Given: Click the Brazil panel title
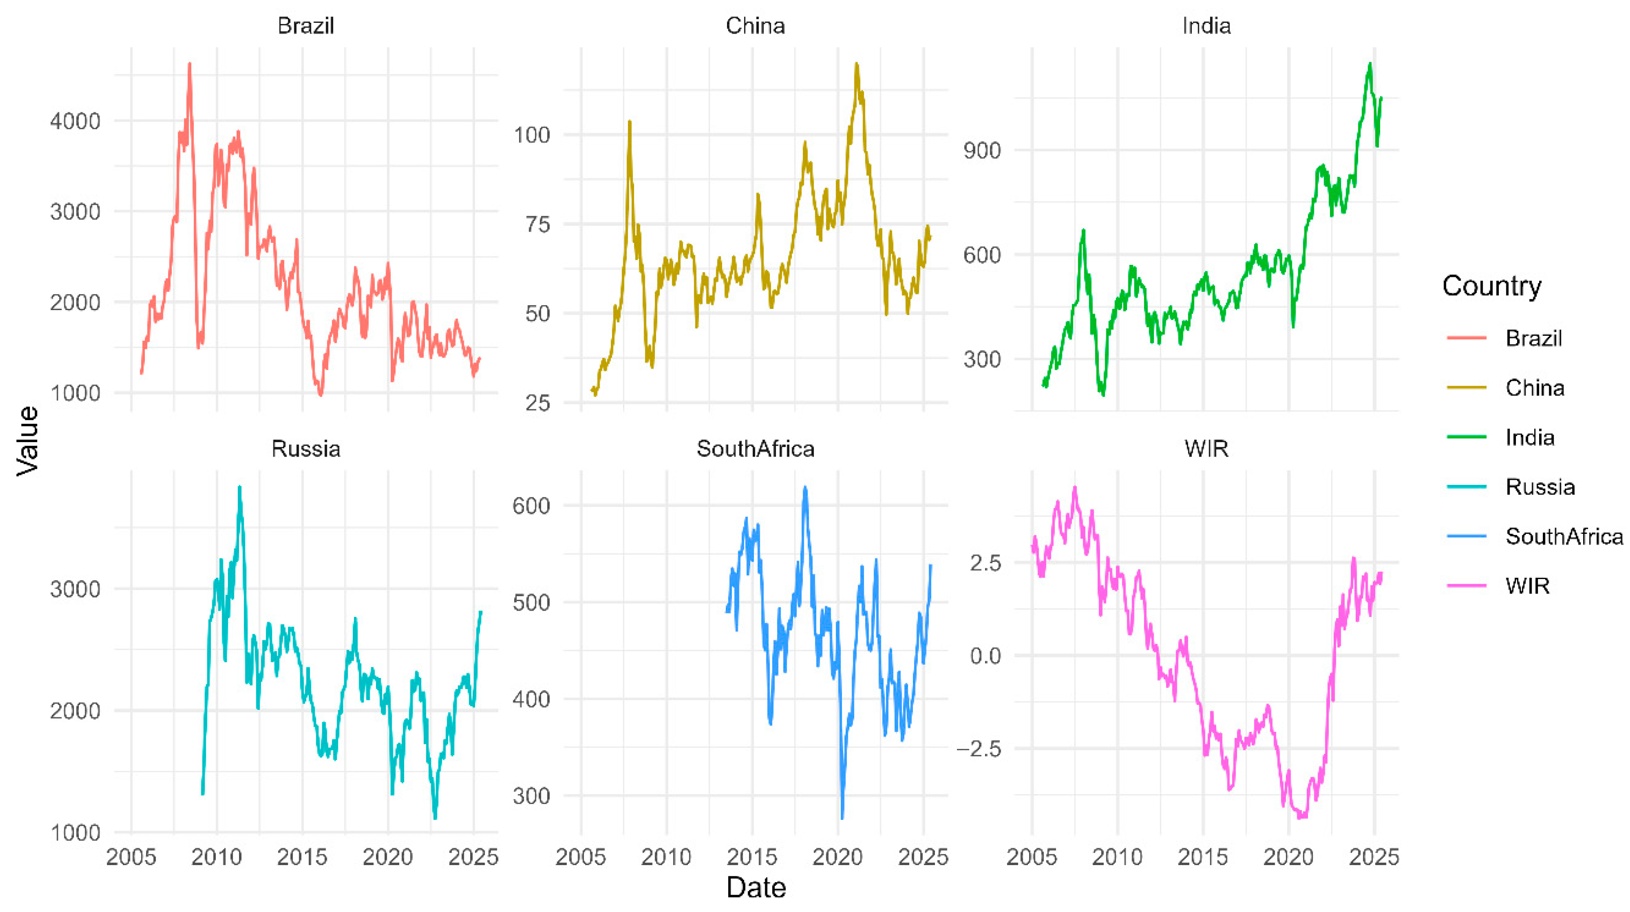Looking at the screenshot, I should [305, 26].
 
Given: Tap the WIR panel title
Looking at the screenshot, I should [1206, 449].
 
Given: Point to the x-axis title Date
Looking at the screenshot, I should [756, 888].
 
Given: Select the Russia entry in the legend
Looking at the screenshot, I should [1540, 487].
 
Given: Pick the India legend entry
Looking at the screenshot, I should [1530, 438].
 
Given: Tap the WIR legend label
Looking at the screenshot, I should [1528, 586].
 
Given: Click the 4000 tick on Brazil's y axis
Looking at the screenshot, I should [75, 121].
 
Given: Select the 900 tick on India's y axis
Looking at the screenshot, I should [981, 151].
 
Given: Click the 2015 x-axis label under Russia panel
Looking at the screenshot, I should [302, 858].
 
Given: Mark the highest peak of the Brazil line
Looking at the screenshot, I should [189, 64].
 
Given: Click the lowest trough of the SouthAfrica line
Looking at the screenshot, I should [842, 818].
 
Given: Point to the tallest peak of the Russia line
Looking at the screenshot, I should [239, 487].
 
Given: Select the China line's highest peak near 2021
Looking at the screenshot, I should [856, 64].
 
